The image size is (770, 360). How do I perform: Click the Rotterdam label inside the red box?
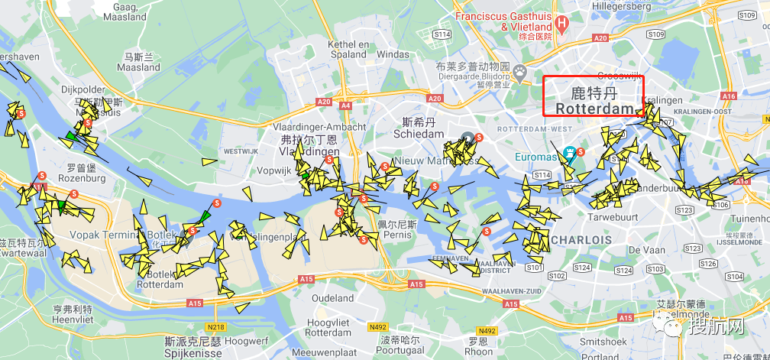(594, 109)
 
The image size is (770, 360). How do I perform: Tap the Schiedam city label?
(418, 134)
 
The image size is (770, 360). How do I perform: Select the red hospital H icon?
(562, 22)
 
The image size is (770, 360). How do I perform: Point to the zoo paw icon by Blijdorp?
(520, 73)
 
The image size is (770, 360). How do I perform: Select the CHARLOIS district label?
(581, 240)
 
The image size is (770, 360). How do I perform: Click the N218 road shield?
(215, 328)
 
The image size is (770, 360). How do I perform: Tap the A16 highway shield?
(729, 96)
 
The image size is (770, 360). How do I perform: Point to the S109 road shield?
(655, 34)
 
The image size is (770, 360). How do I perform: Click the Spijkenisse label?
(193, 354)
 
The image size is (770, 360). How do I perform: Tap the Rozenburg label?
(86, 178)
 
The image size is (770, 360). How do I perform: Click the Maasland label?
(139, 67)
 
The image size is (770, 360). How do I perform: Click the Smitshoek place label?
(603, 342)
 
